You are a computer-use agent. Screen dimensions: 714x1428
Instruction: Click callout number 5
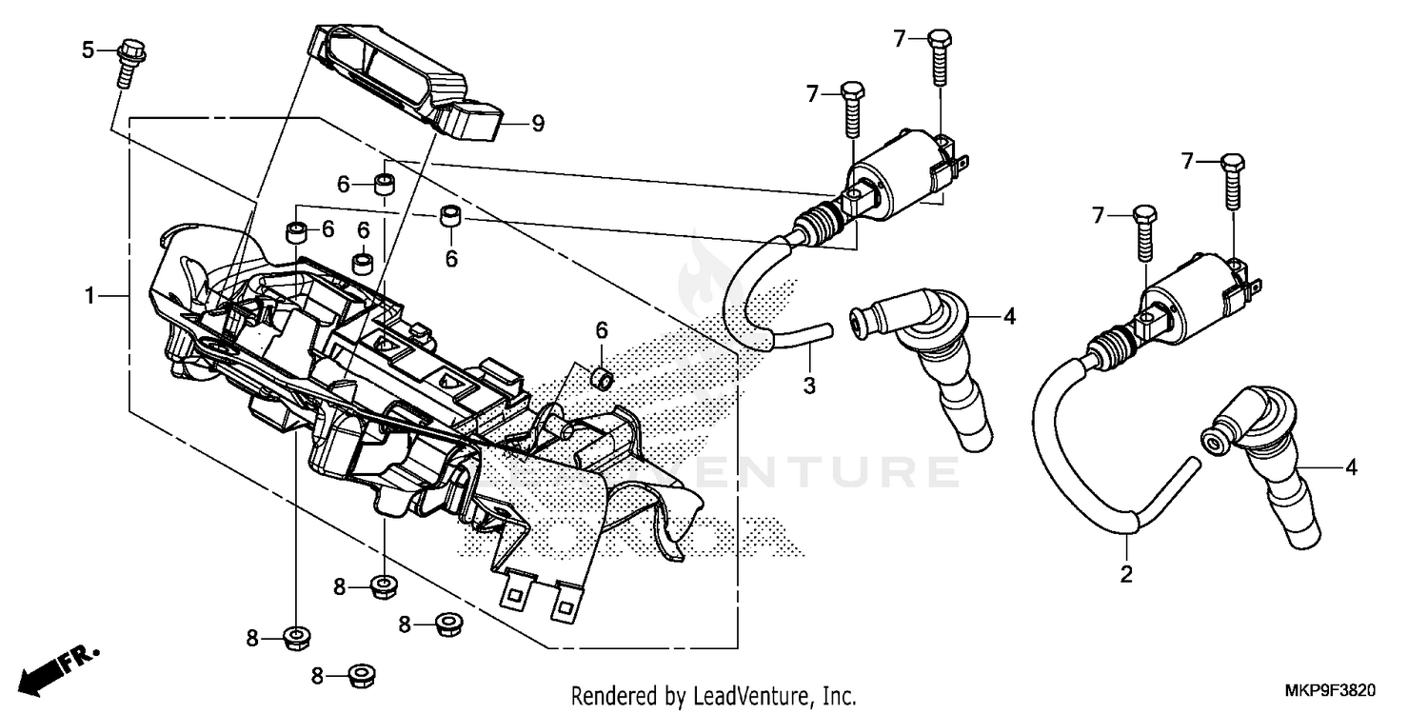[x=88, y=50]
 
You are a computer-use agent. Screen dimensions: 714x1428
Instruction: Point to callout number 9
[x=537, y=123]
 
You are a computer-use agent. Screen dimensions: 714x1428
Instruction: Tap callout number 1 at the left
[x=89, y=297]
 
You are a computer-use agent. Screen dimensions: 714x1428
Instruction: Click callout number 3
[x=809, y=386]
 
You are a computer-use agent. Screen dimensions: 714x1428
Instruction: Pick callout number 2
[x=1125, y=574]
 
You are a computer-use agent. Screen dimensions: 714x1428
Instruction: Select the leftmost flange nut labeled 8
[x=295, y=637]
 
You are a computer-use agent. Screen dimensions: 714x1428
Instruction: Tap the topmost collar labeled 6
[x=384, y=183]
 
